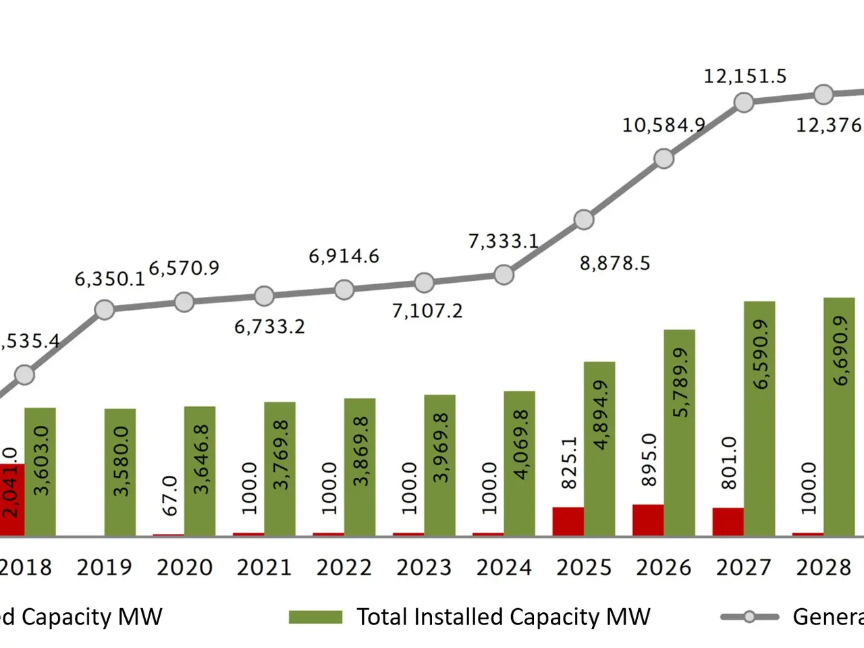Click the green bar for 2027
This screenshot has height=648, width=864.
[x=759, y=418]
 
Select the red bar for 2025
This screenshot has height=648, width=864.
[x=568, y=522]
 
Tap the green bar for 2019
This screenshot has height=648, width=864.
[x=120, y=473]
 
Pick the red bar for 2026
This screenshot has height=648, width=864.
[x=648, y=520]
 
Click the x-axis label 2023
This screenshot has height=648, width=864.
[x=424, y=568]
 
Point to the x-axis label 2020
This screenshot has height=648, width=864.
[x=184, y=568]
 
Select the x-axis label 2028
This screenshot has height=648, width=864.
[x=823, y=568]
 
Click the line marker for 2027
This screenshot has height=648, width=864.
[x=744, y=103]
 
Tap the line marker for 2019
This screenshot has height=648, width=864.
[x=105, y=310]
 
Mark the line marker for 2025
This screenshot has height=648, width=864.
[x=584, y=220]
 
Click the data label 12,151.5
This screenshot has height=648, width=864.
[x=745, y=76]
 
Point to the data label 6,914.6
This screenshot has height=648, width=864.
[x=344, y=256]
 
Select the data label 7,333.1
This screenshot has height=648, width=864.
[x=504, y=242]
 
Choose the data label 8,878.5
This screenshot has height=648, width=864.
[x=615, y=263]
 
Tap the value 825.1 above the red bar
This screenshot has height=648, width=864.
[x=569, y=462]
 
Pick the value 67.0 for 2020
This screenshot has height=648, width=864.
[x=170, y=495]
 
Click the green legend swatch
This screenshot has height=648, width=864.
[x=315, y=617]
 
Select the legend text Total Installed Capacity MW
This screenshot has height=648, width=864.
[x=503, y=617]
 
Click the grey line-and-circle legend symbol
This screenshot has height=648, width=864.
[x=749, y=617]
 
